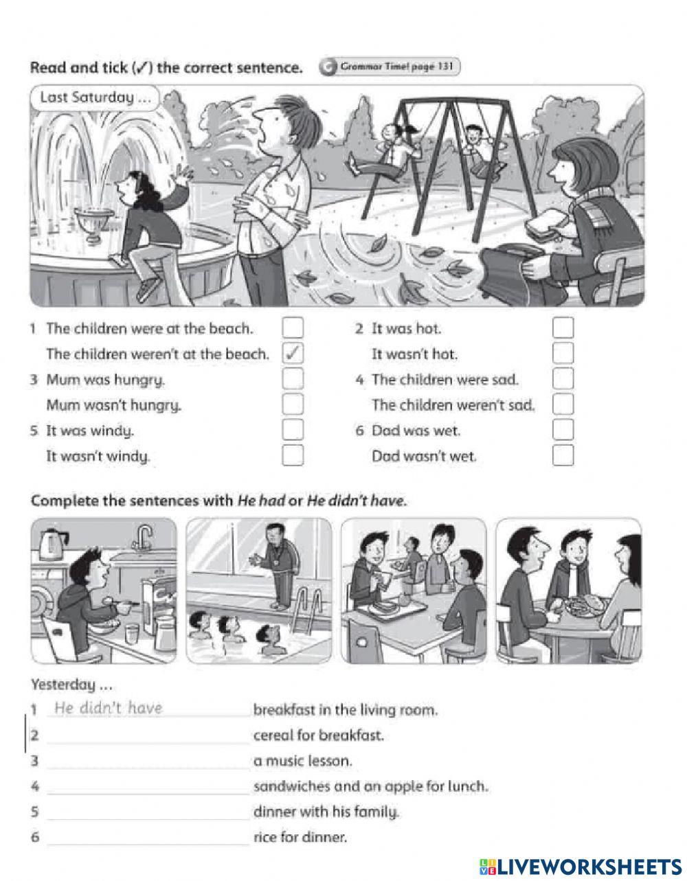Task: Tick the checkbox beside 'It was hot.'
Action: tap(563, 328)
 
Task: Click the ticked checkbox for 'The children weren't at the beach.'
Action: tap(293, 354)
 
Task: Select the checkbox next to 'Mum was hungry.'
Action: tap(293, 378)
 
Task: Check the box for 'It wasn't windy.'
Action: tap(293, 455)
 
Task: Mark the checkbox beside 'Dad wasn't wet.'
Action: tap(563, 455)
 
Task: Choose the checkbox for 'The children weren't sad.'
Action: tap(563, 404)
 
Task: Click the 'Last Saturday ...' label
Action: tap(95, 98)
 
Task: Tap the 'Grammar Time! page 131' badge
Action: tap(390, 67)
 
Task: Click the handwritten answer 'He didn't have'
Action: tap(108, 709)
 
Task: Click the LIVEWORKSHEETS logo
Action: tap(581, 865)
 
